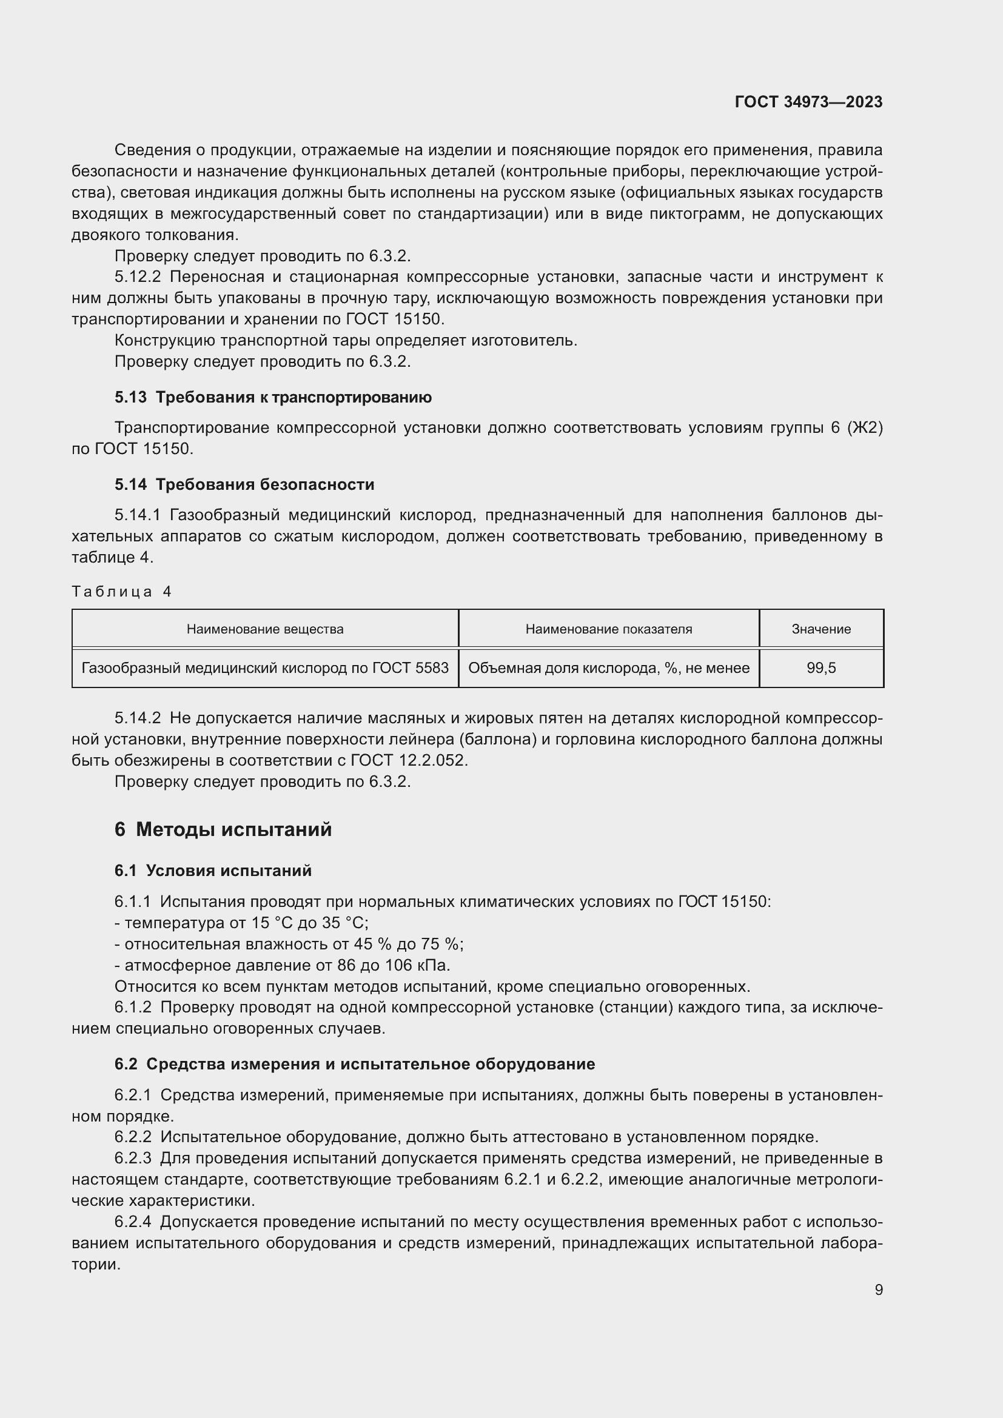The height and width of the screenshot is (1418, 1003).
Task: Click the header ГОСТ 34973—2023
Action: click(808, 102)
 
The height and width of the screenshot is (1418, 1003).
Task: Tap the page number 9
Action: click(878, 1289)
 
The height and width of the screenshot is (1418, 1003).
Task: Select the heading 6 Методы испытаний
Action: click(223, 829)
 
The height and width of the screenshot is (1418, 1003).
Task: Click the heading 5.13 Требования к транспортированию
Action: click(273, 397)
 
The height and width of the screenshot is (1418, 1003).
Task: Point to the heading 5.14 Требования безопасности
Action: click(244, 484)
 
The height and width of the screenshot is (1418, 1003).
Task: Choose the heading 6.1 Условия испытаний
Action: click(213, 870)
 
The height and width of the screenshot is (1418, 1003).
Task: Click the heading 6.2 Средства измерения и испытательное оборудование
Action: click(355, 1063)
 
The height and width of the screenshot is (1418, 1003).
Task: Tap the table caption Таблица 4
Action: click(121, 592)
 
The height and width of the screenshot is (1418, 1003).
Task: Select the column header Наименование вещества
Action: click(265, 629)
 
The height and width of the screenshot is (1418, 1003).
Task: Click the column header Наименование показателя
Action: click(608, 629)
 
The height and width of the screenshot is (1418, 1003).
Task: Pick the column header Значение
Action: click(821, 629)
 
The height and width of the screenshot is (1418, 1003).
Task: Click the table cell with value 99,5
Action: click(821, 667)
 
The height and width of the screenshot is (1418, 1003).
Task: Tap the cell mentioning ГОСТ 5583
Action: click(265, 667)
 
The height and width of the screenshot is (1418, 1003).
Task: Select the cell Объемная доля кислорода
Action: click(608, 667)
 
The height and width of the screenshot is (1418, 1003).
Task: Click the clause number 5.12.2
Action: click(137, 276)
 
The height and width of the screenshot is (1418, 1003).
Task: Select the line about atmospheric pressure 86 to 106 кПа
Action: click(282, 965)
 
